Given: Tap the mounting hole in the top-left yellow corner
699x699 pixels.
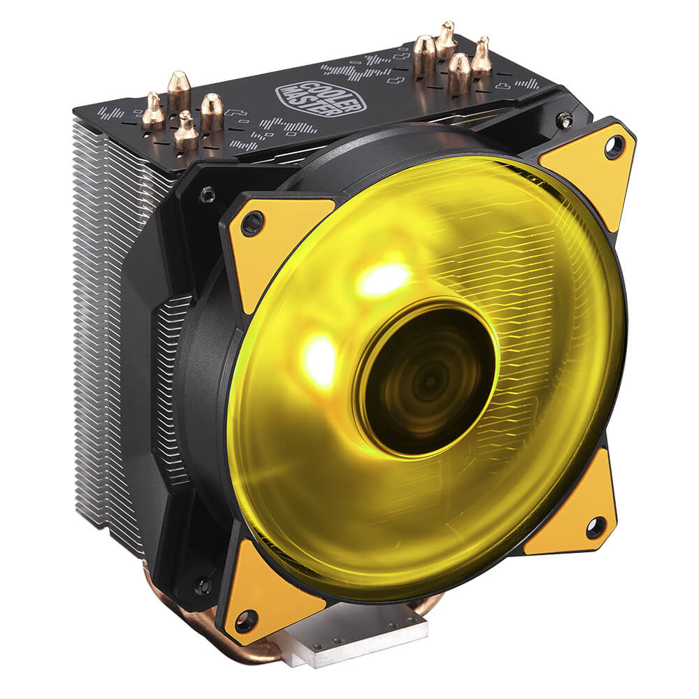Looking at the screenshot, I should click(x=251, y=224).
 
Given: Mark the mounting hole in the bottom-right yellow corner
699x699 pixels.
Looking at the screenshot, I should click(x=595, y=528).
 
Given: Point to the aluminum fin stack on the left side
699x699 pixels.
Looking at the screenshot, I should click(x=105, y=315).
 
